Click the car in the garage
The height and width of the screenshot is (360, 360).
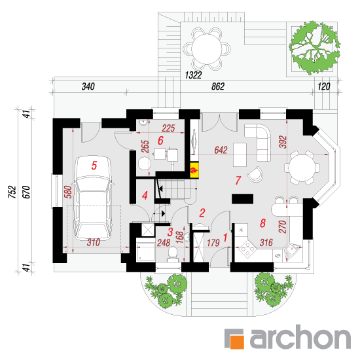(x=93, y=198)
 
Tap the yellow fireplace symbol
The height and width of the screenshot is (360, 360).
(x=194, y=170)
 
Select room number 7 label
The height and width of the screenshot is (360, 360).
(x=238, y=181)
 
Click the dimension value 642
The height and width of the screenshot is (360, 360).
(x=221, y=150)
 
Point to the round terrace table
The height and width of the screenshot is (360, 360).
(x=206, y=49)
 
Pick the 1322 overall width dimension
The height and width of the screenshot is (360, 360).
(x=193, y=75)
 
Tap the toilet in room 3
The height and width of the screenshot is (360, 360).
(x=172, y=254)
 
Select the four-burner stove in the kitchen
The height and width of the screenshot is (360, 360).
(x=247, y=249)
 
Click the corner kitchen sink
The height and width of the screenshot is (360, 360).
(x=291, y=251)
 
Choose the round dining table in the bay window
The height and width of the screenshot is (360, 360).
(x=302, y=168)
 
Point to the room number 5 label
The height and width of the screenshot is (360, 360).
(x=94, y=166)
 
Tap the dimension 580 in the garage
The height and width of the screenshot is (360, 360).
(x=68, y=192)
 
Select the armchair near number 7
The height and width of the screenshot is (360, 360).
(x=255, y=174)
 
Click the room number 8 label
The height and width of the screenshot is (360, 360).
(x=262, y=223)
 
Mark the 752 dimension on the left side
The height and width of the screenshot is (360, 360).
(x=12, y=192)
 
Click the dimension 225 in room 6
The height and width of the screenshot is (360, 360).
(x=168, y=128)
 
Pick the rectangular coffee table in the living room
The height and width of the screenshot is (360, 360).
(x=240, y=154)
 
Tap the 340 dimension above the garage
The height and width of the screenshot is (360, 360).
(x=88, y=86)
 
